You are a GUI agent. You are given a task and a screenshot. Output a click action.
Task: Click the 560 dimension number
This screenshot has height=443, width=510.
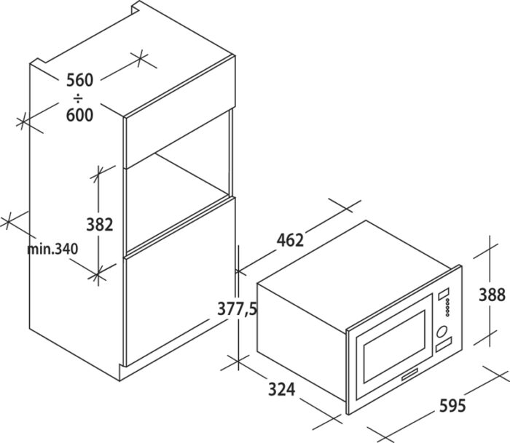click(79, 80)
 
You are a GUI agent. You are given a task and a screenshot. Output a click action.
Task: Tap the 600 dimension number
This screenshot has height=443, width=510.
click(79, 115)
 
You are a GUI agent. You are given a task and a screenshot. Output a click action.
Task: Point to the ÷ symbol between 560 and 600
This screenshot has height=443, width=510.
click(79, 97)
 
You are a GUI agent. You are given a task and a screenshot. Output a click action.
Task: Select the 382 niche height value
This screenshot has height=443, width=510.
click(100, 225)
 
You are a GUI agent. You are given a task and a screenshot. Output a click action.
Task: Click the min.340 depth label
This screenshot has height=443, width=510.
click(52, 249)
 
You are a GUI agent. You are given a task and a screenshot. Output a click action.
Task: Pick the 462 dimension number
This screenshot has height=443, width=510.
click(290, 240)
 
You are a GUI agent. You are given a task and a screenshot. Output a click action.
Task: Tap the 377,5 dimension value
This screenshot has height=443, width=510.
click(238, 309)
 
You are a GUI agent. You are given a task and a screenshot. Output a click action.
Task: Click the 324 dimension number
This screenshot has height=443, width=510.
click(282, 389)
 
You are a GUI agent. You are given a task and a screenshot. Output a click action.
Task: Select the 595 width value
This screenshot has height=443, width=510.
click(452, 406)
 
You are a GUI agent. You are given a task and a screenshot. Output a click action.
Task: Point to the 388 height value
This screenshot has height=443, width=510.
click(492, 295)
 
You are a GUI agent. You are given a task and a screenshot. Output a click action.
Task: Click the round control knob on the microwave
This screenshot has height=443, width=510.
click(442, 332)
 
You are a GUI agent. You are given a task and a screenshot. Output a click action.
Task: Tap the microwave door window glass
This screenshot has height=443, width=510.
click(395, 346)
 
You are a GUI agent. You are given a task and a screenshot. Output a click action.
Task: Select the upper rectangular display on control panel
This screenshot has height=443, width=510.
click(443, 295)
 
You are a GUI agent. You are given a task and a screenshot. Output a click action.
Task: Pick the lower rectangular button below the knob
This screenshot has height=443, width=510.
click(444, 344)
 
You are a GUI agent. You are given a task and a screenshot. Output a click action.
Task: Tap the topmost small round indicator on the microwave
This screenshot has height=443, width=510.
click(448, 300)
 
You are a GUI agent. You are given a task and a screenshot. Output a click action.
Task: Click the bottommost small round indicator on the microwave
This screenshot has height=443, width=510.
click(448, 314)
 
